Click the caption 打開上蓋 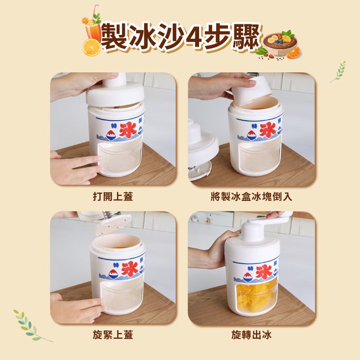pyautogui.click(x=113, y=197)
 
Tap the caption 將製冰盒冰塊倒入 pyautogui.click(x=251, y=197)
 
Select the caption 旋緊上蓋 pyautogui.click(x=113, y=335)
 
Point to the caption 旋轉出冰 pyautogui.click(x=251, y=335)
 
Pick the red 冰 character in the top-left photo pyautogui.click(x=128, y=130)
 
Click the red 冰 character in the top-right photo pyautogui.click(x=267, y=130)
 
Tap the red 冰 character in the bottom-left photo pyautogui.click(x=130, y=268)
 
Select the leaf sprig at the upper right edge pyautogui.click(x=338, y=71)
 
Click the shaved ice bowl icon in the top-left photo pyautogui.click(x=111, y=136)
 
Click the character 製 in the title pyautogui.click(x=114, y=37)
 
